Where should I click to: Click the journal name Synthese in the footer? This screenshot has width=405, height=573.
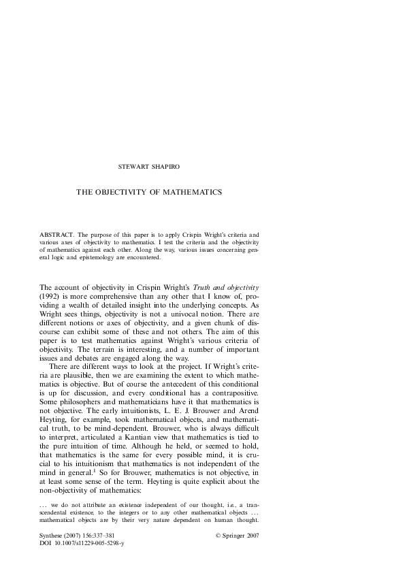click(52, 536)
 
